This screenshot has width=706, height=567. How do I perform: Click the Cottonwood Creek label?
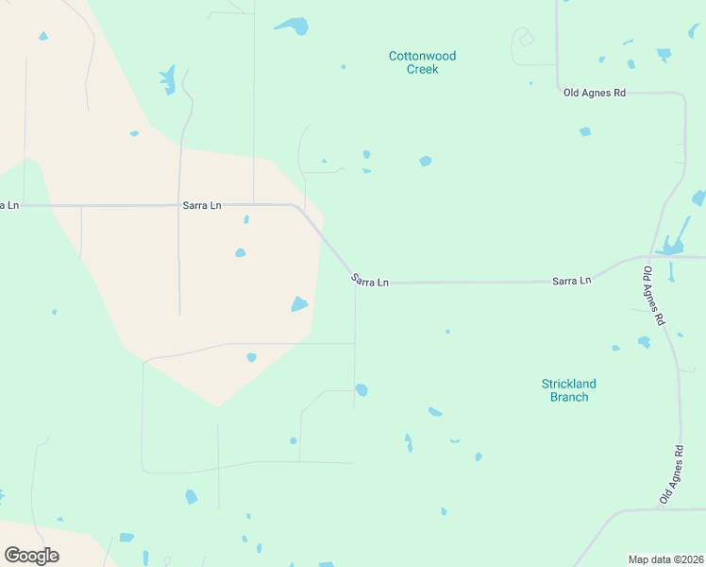pyautogui.click(x=422, y=62)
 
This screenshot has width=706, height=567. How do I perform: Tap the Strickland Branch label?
pyautogui.click(x=568, y=390)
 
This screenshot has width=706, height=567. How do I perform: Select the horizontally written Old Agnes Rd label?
pyautogui.click(x=595, y=93)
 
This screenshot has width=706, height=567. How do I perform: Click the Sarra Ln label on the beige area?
pyautogui.click(x=201, y=205)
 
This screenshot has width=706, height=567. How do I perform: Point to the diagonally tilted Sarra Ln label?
pyautogui.click(x=369, y=281)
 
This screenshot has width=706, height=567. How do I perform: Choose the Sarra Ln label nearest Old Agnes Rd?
pyautogui.click(x=571, y=281)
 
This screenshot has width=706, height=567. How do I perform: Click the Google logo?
pyautogui.click(x=31, y=556)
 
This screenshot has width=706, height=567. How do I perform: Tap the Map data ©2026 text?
pyautogui.click(x=666, y=559)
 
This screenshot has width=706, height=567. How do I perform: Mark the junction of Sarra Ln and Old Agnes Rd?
pyautogui.click(x=650, y=256)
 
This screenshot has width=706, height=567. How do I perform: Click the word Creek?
pyautogui.click(x=422, y=69)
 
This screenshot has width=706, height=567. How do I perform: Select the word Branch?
pyautogui.click(x=568, y=397)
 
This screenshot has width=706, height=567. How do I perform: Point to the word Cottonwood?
pyautogui.click(x=422, y=56)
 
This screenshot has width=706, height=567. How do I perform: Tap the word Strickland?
pyautogui.click(x=568, y=384)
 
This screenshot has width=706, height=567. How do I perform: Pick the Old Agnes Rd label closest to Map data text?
pyautogui.click(x=671, y=475)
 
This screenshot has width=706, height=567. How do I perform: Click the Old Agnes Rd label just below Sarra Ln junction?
pyautogui.click(x=653, y=297)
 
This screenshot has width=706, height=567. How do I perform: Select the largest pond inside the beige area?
pyautogui.click(x=299, y=303)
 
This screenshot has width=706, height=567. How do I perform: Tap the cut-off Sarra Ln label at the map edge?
pyautogui.click(x=8, y=205)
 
